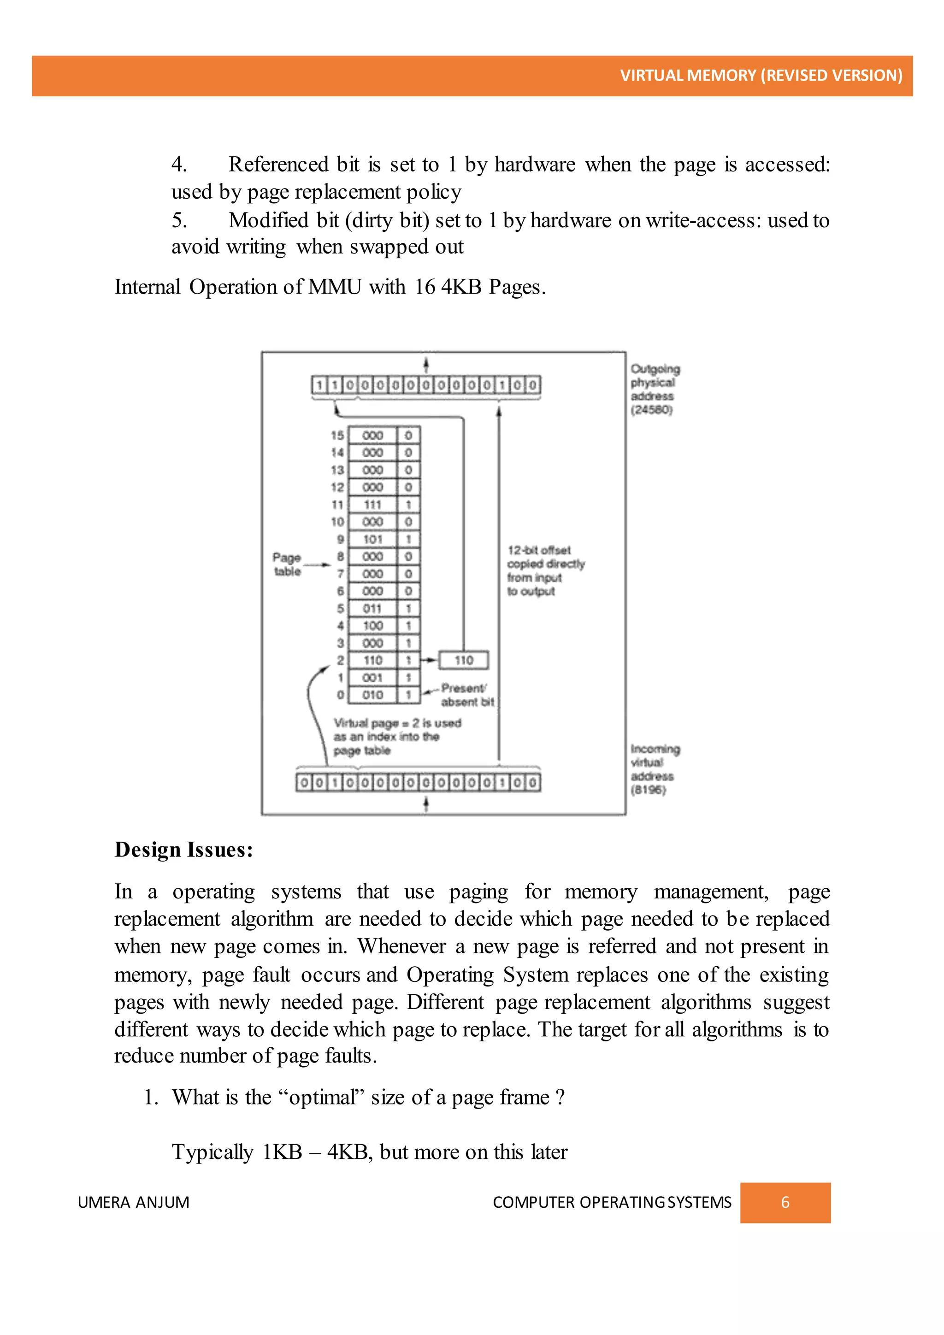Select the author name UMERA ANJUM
tap(133, 1202)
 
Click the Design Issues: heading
tap(184, 850)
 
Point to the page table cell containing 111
tap(372, 505)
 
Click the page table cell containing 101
tap(372, 539)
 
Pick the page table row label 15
tap(337, 436)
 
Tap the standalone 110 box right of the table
tap(463, 661)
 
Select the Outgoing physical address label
tap(654, 389)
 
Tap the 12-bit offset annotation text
tap(545, 570)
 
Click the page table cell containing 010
tap(372, 695)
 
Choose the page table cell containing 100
tap(372, 626)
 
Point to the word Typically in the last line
tap(212, 1152)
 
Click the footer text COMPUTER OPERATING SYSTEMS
tap(612, 1202)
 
